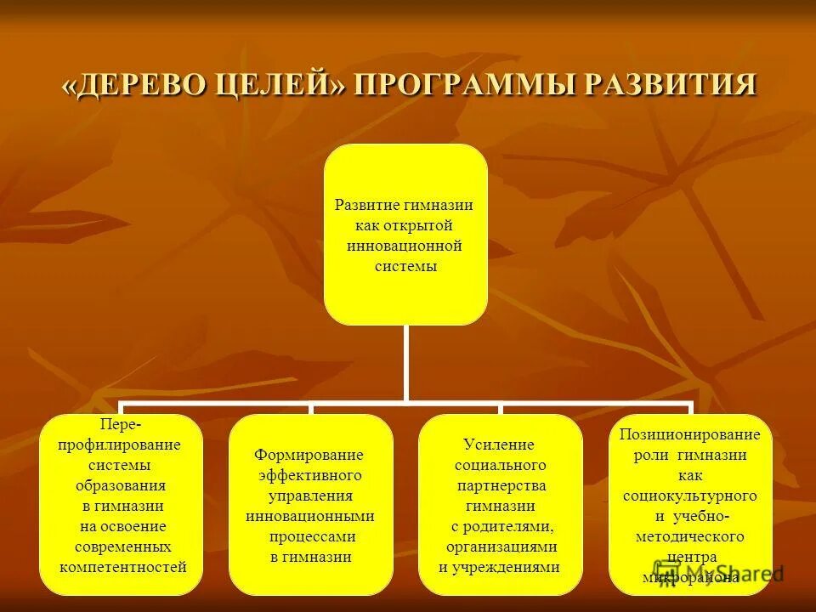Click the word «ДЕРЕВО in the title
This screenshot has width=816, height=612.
(x=136, y=87)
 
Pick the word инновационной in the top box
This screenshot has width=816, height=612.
(x=405, y=246)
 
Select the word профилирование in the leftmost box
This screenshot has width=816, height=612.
(x=119, y=445)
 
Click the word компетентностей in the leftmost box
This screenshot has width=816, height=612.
(x=123, y=567)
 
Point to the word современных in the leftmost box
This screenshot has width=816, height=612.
(x=122, y=547)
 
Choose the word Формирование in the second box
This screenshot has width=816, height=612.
(x=310, y=455)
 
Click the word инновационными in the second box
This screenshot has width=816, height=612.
(x=310, y=516)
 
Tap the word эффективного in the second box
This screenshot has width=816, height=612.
(x=310, y=475)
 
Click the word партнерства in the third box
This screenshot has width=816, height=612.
(x=500, y=485)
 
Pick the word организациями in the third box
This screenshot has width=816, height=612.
(x=501, y=547)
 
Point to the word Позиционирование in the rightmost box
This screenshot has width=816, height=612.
(x=689, y=434)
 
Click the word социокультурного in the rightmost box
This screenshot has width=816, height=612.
(x=689, y=496)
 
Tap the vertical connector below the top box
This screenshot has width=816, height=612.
(x=406, y=364)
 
